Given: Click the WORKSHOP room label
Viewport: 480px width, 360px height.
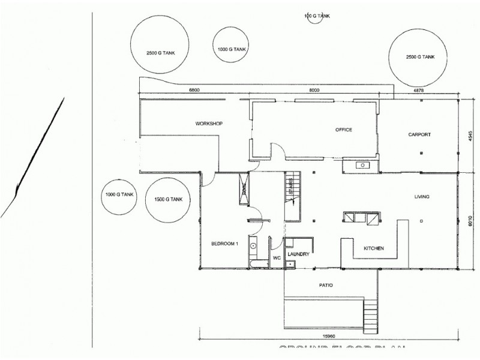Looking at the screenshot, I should [x=209, y=124].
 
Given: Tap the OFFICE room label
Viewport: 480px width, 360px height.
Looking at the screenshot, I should [x=343, y=130].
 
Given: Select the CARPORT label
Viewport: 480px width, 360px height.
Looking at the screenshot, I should [x=419, y=134].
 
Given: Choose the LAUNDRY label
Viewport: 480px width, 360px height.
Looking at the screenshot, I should [x=298, y=254].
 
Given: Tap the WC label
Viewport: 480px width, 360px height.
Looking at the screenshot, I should [x=277, y=258].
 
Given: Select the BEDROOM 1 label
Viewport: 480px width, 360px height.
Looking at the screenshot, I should [x=225, y=244].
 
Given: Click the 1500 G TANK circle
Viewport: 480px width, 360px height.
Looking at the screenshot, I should [x=169, y=199].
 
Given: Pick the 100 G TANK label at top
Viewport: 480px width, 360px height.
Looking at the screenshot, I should [x=317, y=16].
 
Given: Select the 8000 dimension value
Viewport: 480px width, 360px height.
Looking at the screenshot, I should [x=314, y=90].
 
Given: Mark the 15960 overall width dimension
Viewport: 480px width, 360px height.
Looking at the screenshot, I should [x=327, y=335].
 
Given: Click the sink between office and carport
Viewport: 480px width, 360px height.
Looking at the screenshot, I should [x=362, y=165].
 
